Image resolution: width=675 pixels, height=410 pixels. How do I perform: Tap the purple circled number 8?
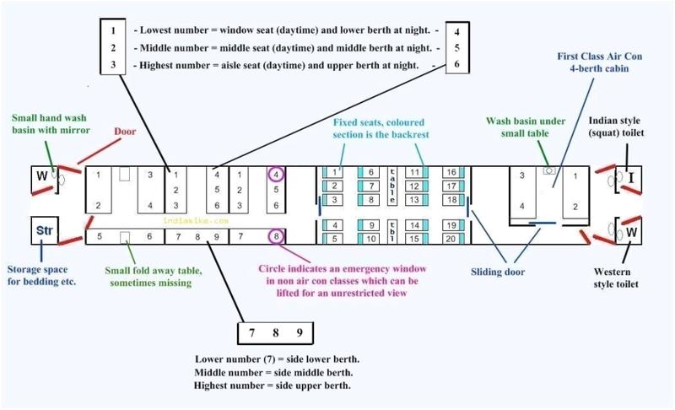277,237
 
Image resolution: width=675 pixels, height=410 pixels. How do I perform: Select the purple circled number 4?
277,175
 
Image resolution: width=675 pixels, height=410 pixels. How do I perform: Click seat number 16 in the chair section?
451,172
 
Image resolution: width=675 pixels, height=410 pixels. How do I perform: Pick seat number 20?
451,239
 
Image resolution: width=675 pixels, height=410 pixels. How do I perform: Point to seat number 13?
415,199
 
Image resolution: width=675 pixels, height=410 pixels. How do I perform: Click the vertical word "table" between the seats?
392,185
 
